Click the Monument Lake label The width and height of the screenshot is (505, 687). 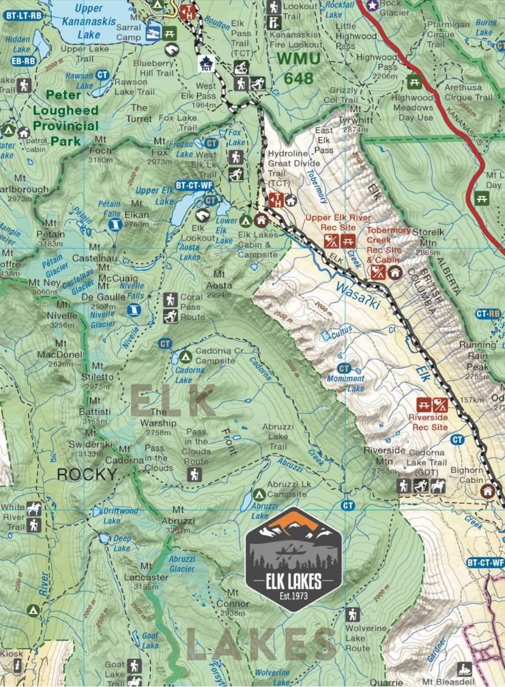click(345, 382)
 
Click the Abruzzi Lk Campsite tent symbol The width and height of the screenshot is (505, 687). click(258, 493)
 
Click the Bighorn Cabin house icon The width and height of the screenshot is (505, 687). click(488, 491)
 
